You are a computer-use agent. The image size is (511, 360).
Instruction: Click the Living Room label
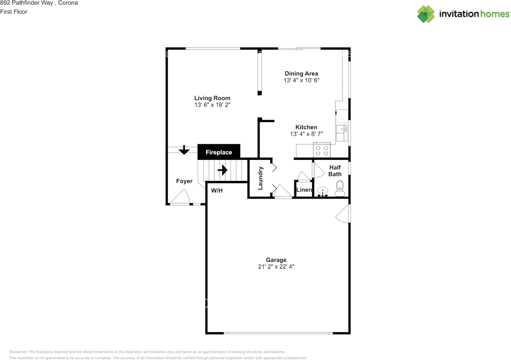point(212,98)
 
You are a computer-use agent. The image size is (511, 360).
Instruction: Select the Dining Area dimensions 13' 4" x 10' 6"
point(301,80)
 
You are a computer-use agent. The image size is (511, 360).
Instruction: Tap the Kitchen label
point(306,127)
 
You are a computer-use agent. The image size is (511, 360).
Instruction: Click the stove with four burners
point(322,150)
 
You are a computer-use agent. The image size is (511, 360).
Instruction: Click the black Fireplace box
point(219,152)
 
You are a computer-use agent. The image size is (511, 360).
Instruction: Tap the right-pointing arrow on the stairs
point(222,170)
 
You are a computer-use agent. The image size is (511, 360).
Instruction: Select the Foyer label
point(184,181)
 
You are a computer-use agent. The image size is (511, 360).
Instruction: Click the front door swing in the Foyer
point(180,197)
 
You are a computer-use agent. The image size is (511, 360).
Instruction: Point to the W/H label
point(217,191)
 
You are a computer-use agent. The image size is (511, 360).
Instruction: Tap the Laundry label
point(260,178)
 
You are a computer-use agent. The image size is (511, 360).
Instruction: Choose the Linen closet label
point(304,190)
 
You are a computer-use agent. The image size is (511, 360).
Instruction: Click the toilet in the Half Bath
point(340,189)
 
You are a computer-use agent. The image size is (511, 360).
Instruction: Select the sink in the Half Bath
point(323,191)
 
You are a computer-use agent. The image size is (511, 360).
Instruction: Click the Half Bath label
point(335,171)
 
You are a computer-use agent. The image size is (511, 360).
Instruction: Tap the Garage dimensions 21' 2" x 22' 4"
point(277,267)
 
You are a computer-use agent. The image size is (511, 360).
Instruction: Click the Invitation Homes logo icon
point(426,14)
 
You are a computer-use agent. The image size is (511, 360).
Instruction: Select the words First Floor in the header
point(14,12)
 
